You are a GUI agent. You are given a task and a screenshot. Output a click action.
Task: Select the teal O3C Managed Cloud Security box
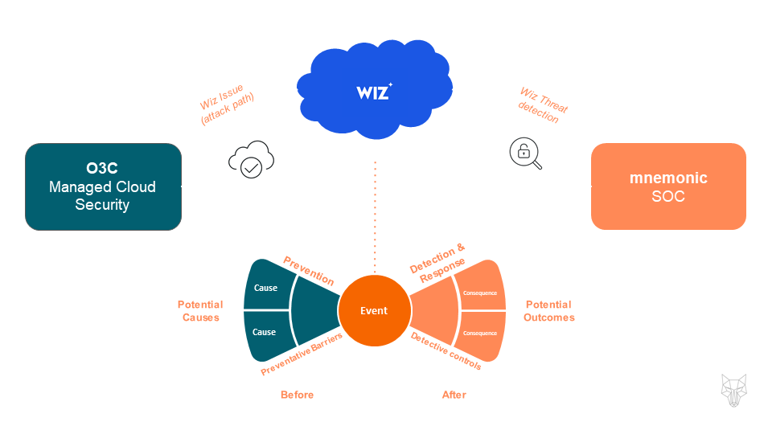[103, 186]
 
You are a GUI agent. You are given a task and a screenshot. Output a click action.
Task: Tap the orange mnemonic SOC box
[668, 186]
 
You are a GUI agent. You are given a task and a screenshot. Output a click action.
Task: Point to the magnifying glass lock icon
[525, 154]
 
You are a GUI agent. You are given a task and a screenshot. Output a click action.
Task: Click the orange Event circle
[374, 310]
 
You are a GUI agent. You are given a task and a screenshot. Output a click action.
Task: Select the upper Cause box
[265, 288]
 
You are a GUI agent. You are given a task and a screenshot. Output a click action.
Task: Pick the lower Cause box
[265, 332]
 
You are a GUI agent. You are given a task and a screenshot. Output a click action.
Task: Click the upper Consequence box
[481, 293]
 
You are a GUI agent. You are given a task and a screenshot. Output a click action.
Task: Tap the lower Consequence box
[481, 332]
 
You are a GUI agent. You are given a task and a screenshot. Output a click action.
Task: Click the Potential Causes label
[200, 310]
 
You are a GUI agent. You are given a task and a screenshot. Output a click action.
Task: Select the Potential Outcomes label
[549, 310]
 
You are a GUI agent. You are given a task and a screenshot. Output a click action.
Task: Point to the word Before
[297, 395]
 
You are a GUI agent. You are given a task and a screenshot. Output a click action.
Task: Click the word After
[454, 395]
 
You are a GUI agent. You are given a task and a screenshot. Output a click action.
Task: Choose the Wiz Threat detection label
[541, 106]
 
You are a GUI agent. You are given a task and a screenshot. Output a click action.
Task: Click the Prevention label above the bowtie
[309, 270]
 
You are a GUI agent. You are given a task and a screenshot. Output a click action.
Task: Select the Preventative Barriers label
[302, 354]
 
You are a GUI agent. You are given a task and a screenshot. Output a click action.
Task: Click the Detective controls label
[446, 351]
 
